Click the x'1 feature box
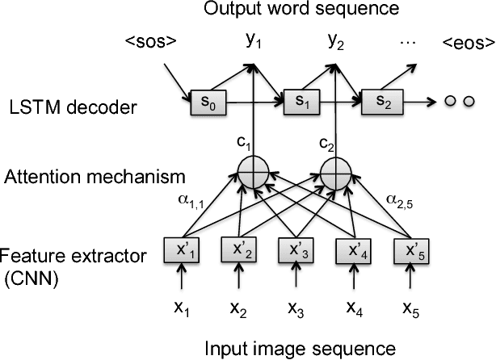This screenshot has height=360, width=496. (190, 248)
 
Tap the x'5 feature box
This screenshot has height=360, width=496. (410, 248)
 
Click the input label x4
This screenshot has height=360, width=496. (355, 308)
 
